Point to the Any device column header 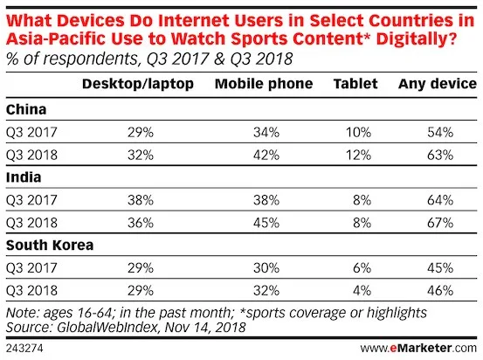coord(436,84)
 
